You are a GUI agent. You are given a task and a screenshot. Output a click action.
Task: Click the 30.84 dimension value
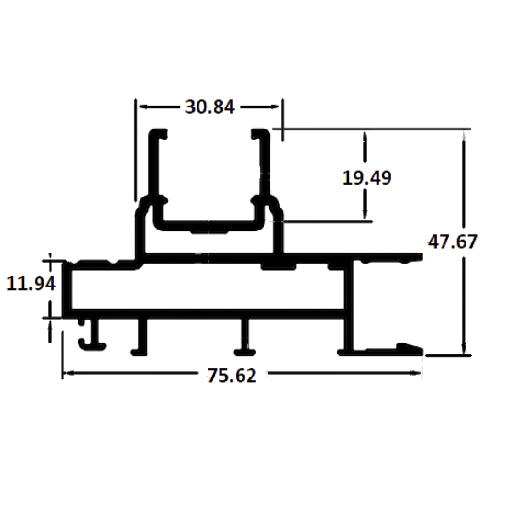(210, 107)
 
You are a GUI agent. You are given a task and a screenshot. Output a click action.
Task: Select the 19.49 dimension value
(367, 177)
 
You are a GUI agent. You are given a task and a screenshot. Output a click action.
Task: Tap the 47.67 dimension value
(453, 242)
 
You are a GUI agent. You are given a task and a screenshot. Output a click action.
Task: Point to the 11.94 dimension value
(31, 284)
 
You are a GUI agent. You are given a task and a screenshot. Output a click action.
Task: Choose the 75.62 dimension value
(231, 376)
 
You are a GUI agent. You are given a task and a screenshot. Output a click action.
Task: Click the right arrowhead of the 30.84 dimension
(275, 107)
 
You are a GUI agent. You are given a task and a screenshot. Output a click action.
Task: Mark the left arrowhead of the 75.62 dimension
(68, 373)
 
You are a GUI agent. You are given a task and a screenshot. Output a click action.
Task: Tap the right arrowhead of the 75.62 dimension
(416, 373)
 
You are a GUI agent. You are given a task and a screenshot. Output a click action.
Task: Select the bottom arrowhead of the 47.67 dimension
(464, 349)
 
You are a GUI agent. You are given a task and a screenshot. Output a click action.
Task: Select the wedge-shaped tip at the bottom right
(410, 349)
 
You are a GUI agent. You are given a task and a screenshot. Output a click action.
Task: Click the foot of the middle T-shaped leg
(245, 353)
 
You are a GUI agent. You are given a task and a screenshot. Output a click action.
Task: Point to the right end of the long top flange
(421, 257)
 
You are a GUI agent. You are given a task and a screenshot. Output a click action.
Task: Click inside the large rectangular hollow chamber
(208, 289)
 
